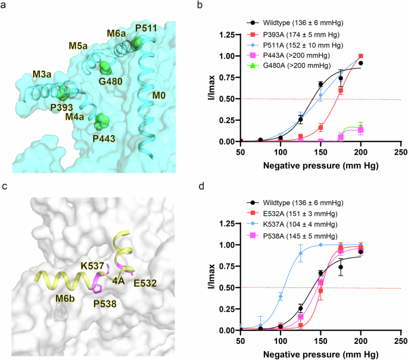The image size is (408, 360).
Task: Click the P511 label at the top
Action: click(x=147, y=28)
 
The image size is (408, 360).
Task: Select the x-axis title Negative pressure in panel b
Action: click(x=320, y=162)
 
